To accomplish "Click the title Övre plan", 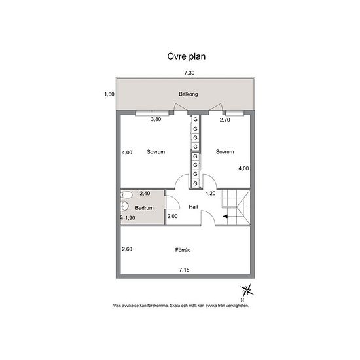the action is click(x=186, y=56).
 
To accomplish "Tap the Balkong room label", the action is click(x=189, y=94).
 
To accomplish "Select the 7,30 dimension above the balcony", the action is click(x=189, y=73).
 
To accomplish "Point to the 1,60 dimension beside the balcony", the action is click(x=109, y=94).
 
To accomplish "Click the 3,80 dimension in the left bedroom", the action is click(x=156, y=119).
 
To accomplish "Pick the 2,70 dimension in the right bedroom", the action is click(x=225, y=120).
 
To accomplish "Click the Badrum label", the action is click(x=144, y=208).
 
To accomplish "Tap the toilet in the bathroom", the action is click(x=126, y=195).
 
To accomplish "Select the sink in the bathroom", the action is click(x=124, y=206).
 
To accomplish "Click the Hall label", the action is click(x=193, y=207).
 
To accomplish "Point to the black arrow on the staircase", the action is click(x=225, y=216).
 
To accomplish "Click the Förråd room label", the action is click(x=183, y=250).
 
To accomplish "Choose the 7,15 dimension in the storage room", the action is click(x=185, y=270).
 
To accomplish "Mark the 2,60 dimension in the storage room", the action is click(x=127, y=249).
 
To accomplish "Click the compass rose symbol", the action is click(x=247, y=290).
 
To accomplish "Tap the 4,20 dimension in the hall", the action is click(x=210, y=194).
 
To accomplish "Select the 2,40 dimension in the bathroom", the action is click(x=145, y=194).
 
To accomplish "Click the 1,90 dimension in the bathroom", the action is click(x=130, y=218).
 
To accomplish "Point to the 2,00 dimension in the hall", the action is click(x=172, y=216).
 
